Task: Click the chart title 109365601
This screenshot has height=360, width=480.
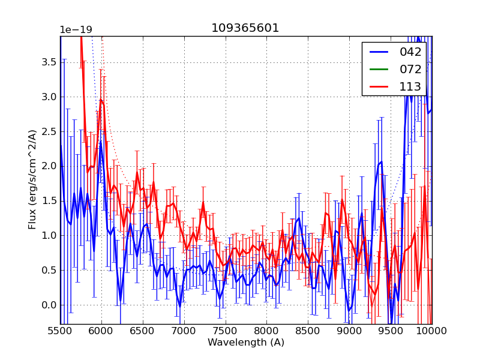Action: coord(245,28)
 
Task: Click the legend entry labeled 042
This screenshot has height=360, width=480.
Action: coord(410,52)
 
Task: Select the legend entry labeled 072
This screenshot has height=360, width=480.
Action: coord(410,69)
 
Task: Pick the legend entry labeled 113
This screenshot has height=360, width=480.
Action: coord(410,86)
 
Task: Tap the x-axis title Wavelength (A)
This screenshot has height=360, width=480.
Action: coord(246,343)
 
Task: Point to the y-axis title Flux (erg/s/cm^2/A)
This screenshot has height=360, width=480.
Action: coord(32,179)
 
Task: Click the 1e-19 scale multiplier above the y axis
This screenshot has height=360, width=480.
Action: coord(76,30)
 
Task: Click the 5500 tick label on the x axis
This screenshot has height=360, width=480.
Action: coord(60,331)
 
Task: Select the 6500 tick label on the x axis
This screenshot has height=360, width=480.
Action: coord(143,331)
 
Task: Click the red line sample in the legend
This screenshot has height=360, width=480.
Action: coord(379,86)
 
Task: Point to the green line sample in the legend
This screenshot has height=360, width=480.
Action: coord(379,69)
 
